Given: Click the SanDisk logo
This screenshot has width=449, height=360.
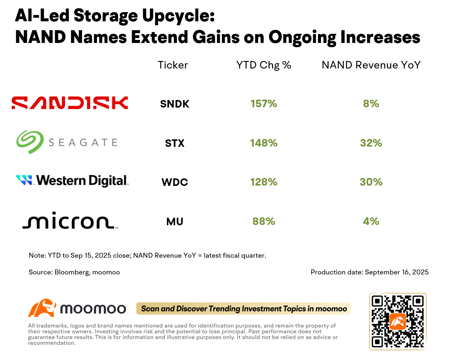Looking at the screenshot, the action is pos(70,103).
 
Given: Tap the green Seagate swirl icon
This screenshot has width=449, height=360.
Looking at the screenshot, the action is pos(30,142).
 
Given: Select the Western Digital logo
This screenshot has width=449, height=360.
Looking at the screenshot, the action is pos(73,181).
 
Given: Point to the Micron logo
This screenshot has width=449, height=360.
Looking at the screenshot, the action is pos(70,220).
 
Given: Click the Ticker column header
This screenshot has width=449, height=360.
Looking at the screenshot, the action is pos(173,65).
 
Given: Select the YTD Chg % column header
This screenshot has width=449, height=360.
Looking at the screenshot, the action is pos(264,65).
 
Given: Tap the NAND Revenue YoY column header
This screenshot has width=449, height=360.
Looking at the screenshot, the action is pos(371,65).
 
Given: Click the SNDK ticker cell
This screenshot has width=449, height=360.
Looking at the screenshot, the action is pos(175,104).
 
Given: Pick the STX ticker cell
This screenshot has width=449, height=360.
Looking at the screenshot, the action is pos(175,143).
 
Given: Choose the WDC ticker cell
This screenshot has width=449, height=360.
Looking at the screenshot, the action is pos(175,182).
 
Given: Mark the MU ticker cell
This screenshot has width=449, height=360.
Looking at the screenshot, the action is pos(175,222).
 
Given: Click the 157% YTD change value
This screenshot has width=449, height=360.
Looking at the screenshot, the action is pos(264,104).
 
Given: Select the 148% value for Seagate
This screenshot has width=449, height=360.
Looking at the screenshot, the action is pos(264,143).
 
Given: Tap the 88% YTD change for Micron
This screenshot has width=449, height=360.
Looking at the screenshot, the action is pos(264,221).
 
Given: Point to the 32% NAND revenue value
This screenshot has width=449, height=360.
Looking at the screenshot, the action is pos(371,143).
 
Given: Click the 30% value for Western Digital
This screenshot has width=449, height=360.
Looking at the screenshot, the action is pos(371,182).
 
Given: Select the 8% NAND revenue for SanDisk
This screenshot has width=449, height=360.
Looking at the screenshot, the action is pos(371,104).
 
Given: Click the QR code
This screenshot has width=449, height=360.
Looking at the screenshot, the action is pos(398,322).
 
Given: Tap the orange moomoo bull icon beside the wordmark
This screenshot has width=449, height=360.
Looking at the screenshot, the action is pos(42,308).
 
